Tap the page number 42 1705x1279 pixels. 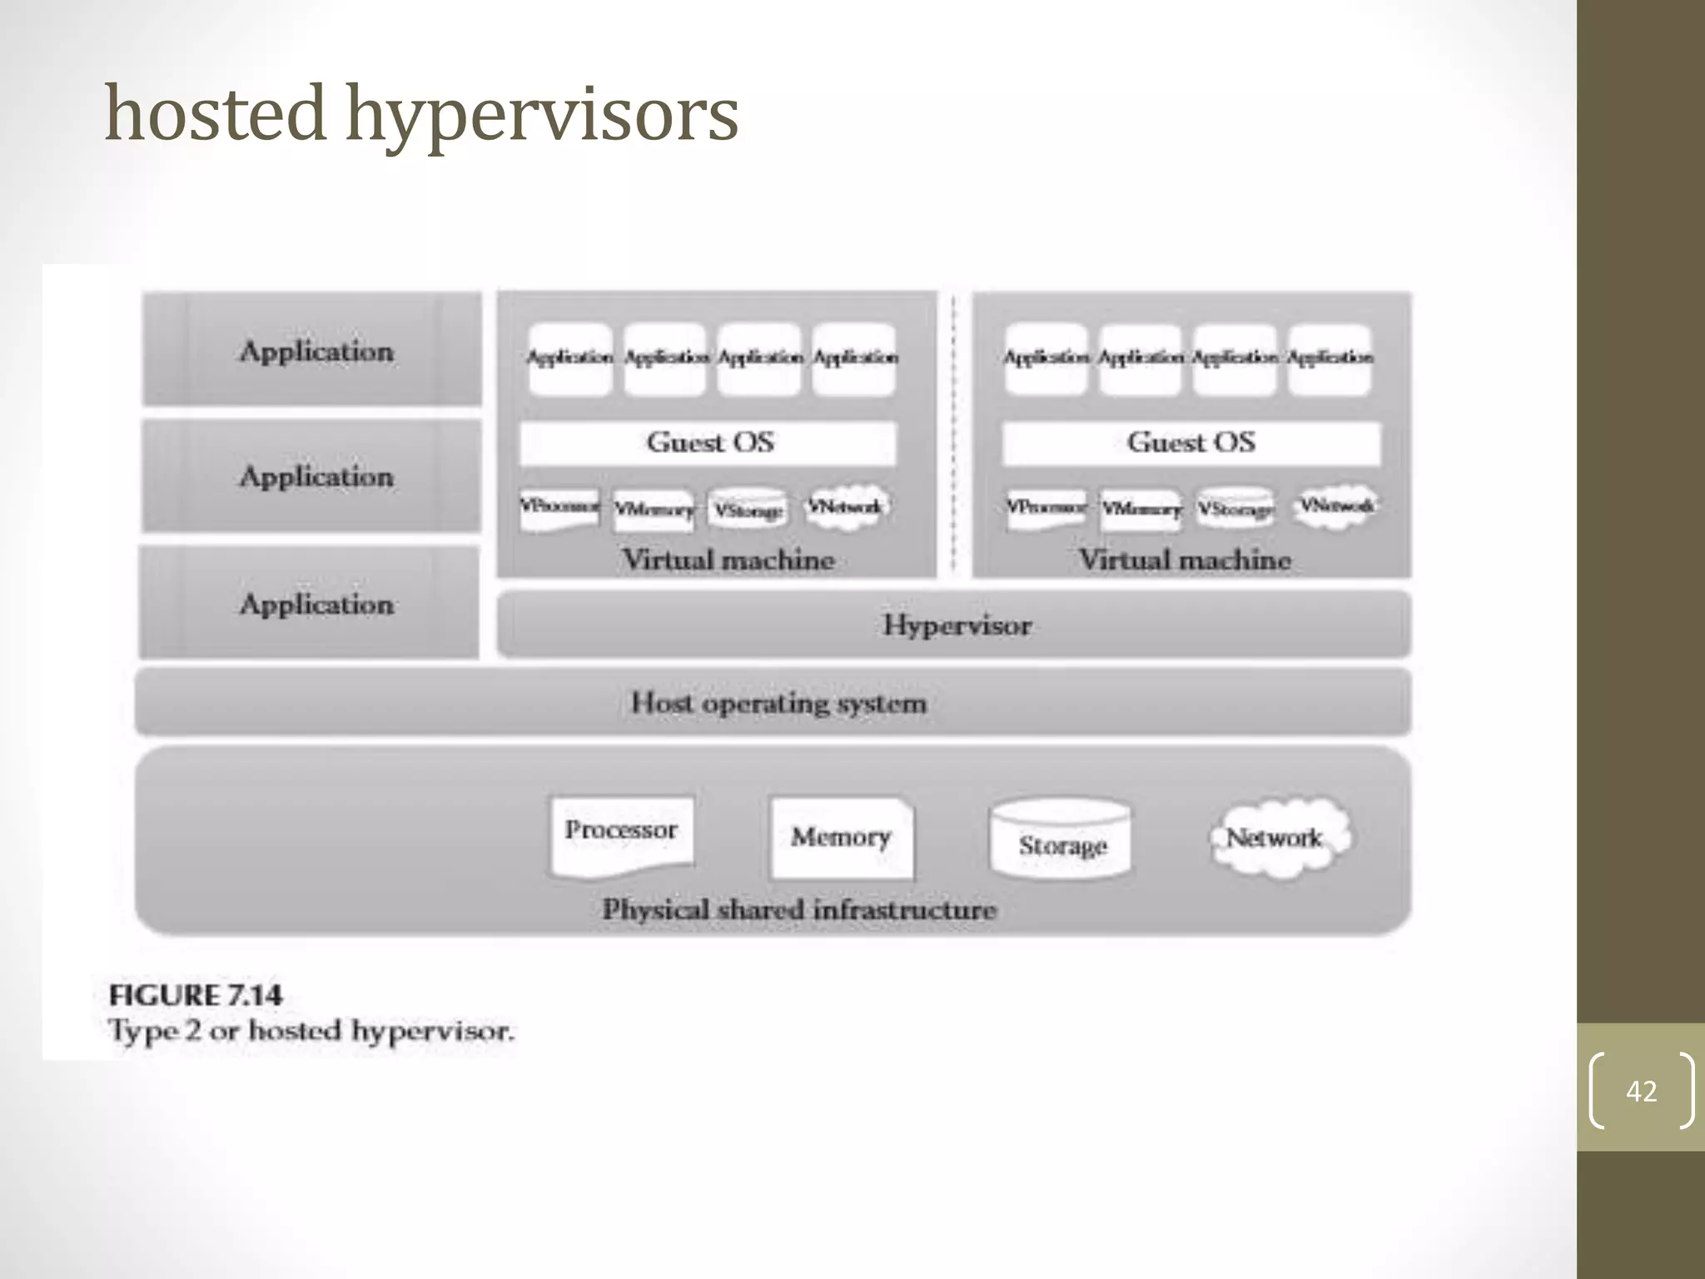(x=1641, y=1091)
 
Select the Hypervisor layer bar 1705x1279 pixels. (x=954, y=625)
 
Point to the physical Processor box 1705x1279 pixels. (x=621, y=835)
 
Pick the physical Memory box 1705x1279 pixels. (x=841, y=837)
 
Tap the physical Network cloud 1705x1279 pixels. (x=1276, y=837)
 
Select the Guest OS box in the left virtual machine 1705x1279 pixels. (x=708, y=442)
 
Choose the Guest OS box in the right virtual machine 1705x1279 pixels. (x=1191, y=442)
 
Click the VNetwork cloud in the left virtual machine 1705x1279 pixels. (x=846, y=505)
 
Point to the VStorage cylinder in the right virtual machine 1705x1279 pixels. (x=1235, y=507)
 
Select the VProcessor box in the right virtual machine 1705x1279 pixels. (x=1046, y=507)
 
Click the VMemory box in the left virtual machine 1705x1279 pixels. (x=654, y=508)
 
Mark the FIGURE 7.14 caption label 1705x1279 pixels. (x=196, y=995)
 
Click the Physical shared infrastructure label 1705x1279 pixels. (x=799, y=909)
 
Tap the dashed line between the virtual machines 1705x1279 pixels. (x=954, y=433)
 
